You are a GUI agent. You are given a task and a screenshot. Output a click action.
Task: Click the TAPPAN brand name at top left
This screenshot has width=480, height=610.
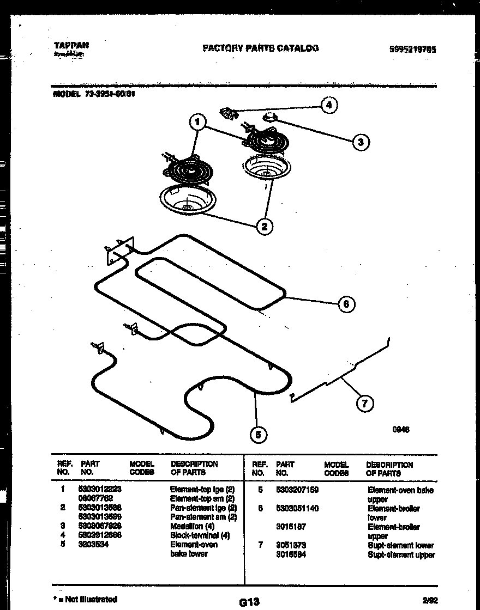[x=71, y=46]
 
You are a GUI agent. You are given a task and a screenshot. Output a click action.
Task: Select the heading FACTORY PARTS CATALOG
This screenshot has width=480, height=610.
[x=261, y=48]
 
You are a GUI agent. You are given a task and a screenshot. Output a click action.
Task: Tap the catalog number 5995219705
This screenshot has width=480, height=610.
[x=413, y=49]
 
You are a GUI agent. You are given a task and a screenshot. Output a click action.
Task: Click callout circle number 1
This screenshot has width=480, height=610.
[x=197, y=123]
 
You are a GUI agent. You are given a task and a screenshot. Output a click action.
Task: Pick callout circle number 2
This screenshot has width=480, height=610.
[x=264, y=226]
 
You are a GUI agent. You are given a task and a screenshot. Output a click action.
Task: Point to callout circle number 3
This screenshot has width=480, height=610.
[x=360, y=142]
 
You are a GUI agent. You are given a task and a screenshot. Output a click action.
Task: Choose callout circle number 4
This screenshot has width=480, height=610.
[x=328, y=105]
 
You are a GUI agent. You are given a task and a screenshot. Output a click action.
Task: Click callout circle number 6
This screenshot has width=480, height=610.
[x=346, y=303]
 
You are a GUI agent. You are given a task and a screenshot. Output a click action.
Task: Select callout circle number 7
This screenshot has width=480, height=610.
[x=364, y=403]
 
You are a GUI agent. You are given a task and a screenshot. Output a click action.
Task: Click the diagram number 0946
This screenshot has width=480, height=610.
[x=401, y=430]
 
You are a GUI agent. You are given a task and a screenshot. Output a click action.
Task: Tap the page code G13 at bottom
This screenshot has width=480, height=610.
[x=249, y=602]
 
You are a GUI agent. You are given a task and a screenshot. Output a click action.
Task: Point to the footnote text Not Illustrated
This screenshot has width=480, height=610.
[x=91, y=599]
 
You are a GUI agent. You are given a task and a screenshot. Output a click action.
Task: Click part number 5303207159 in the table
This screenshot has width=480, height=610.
[x=297, y=490]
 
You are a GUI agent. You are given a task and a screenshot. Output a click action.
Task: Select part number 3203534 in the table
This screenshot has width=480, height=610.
[x=94, y=544]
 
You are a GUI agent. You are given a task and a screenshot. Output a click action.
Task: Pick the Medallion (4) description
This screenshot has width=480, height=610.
[x=192, y=526]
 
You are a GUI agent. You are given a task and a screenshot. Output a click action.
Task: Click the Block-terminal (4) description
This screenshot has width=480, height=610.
[x=200, y=535]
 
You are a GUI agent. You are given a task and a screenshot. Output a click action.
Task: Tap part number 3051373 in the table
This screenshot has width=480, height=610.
[x=291, y=545]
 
